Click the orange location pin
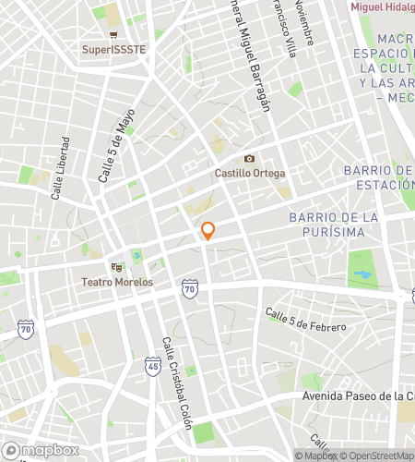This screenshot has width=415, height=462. [208, 230]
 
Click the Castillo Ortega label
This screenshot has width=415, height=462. [249, 173]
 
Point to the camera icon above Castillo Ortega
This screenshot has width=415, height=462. [249, 159]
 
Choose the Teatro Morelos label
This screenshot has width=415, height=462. [117, 282]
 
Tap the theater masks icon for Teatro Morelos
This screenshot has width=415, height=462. [117, 267]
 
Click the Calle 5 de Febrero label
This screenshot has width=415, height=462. [305, 321]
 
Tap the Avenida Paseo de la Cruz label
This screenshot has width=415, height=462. [358, 396]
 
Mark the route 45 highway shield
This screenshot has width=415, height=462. [152, 367]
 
